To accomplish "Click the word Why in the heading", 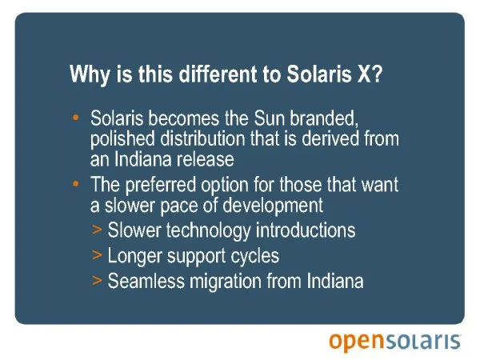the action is [90, 74].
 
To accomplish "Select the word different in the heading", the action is [218, 74].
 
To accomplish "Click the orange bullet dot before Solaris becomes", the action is [76, 118].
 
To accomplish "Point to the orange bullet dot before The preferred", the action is [76, 184].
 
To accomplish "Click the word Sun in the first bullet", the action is [270, 118].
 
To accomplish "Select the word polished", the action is [122, 139].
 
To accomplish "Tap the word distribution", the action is [202, 138].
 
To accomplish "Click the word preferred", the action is [161, 185].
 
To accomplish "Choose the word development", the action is [273, 206].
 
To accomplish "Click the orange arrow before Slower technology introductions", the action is [97, 230].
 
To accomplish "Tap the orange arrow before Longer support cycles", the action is [97, 254].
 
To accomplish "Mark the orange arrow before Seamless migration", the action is [97, 280].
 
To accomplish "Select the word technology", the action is [209, 231].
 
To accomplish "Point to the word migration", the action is [226, 282].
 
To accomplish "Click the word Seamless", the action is [146, 281].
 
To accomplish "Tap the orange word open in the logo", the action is [356, 342].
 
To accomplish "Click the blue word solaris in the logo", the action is [422, 341].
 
